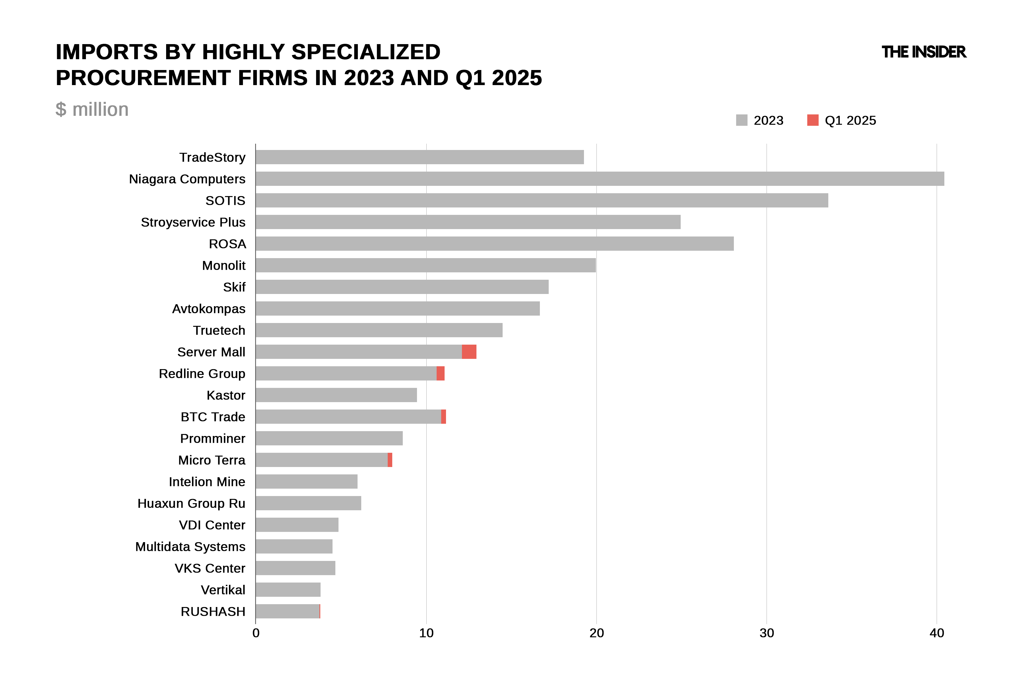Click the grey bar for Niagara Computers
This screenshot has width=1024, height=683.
pos(600,179)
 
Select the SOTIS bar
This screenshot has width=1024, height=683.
pos(542,200)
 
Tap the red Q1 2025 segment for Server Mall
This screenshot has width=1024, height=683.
pos(469,351)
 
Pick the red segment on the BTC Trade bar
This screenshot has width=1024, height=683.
pos(443,416)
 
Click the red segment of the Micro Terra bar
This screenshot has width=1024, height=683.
pos(390,460)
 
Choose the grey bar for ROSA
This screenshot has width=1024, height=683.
pos(495,244)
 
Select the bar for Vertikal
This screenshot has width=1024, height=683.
pos(288,589)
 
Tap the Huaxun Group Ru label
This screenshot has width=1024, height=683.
pos(191,503)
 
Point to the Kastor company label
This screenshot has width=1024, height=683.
pos(226,395)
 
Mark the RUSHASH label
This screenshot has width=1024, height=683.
pos(213,611)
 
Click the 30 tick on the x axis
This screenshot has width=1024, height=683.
pos(766,633)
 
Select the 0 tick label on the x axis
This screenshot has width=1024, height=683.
pos(256,633)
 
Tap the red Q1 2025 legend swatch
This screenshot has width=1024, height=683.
pos(812,120)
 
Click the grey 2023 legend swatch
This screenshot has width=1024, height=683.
pos(742,120)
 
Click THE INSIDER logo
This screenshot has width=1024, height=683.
pos(923,52)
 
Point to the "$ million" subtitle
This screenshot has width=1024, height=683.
pos(92,109)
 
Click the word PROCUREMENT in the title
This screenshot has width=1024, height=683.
pos(143,78)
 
